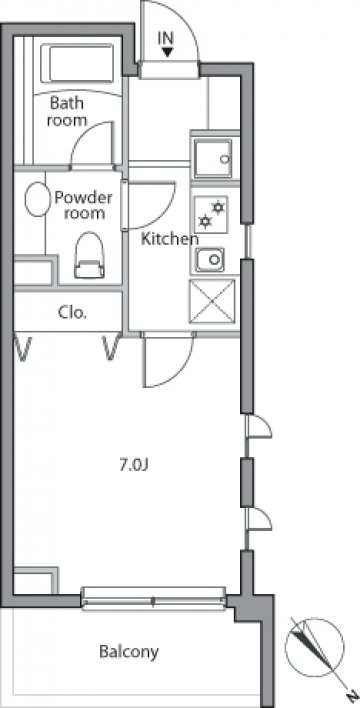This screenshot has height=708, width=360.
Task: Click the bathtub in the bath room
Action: click(x=77, y=63)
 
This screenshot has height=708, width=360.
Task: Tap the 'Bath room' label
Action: click(x=67, y=111)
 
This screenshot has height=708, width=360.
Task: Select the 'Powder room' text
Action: click(x=83, y=205)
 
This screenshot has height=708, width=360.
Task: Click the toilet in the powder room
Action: click(x=89, y=255)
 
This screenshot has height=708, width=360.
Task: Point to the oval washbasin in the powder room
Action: click(x=37, y=199)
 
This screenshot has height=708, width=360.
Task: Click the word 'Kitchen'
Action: click(x=169, y=238)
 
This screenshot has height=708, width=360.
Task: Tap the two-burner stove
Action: click(x=211, y=214)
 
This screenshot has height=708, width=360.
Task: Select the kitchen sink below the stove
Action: click(x=210, y=260)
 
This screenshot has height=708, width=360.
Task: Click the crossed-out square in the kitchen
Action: click(x=212, y=302)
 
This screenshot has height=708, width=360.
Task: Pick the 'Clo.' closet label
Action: click(x=72, y=312)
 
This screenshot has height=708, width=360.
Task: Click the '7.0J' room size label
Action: click(x=134, y=465)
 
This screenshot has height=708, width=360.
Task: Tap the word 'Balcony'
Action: click(x=129, y=652)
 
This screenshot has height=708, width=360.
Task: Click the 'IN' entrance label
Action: click(x=166, y=38)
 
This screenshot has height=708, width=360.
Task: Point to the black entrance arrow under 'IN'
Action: click(x=167, y=52)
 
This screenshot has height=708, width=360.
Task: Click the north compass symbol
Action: click(x=314, y=647)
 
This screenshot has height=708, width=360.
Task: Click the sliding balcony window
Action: click(x=153, y=600)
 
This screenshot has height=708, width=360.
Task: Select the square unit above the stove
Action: click(x=213, y=158)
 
